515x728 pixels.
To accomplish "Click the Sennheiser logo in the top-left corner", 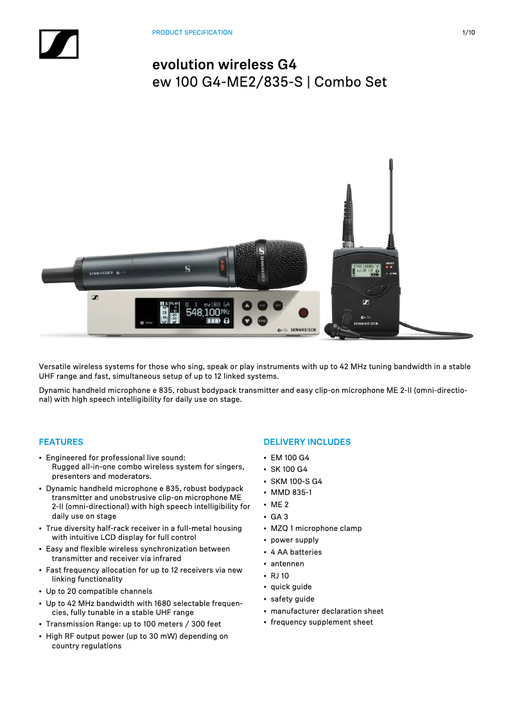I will click(58, 44).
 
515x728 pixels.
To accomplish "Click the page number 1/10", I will click(469, 33).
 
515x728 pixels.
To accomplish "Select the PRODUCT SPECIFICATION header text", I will click(192, 33).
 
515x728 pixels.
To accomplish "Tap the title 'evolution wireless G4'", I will click(224, 65).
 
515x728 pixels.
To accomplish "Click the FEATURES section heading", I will click(61, 442).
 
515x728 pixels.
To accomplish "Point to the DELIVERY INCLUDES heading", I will click(307, 442).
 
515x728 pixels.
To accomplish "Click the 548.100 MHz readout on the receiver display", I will click(203, 312).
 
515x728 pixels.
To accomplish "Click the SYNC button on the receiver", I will click(263, 320).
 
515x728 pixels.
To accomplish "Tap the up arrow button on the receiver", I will click(247, 306).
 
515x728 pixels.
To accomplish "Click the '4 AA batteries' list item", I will click(296, 552).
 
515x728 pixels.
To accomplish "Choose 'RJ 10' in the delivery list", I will click(279, 576).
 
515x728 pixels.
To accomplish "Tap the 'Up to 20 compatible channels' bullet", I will click(99, 591).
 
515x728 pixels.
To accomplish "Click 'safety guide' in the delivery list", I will click(292, 599).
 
